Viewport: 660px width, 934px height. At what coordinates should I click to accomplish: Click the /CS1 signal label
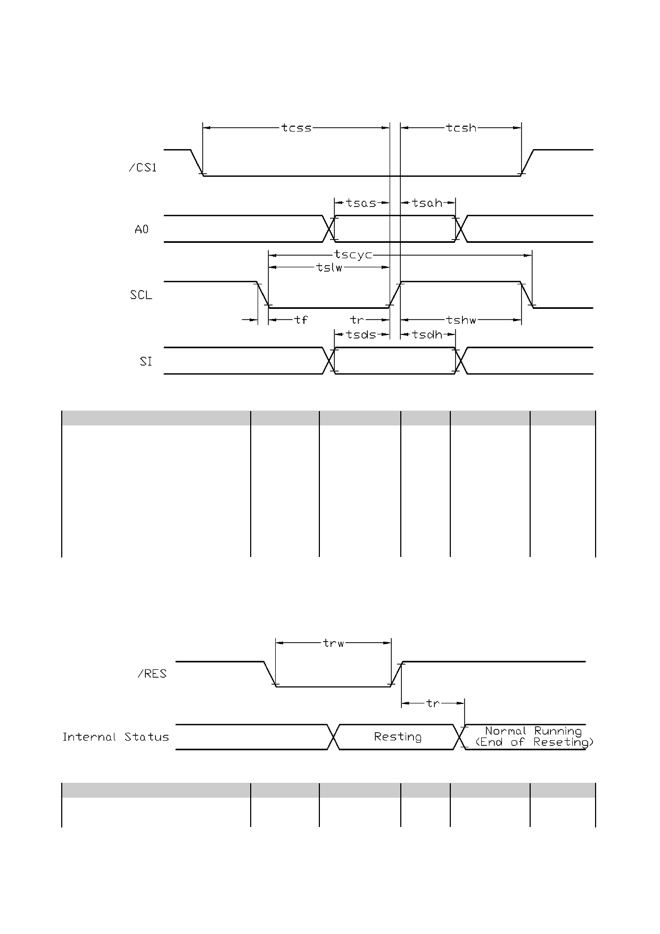pyautogui.click(x=143, y=168)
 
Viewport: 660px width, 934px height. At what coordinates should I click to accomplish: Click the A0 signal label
pyautogui.click(x=142, y=230)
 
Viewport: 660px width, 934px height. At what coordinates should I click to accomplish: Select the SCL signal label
pyautogui.click(x=141, y=295)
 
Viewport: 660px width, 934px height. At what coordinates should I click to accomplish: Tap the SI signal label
pyautogui.click(x=146, y=361)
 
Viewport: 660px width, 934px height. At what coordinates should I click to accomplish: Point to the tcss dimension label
pyautogui.click(x=296, y=128)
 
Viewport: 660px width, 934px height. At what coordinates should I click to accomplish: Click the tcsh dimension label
pyautogui.click(x=461, y=128)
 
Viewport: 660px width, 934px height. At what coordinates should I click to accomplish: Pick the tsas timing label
pyautogui.click(x=361, y=203)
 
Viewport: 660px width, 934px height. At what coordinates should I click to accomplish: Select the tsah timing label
pyautogui.click(x=427, y=203)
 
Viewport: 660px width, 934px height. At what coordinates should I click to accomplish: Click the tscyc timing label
pyautogui.click(x=353, y=255)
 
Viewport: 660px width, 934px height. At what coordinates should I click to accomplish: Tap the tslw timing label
pyautogui.click(x=329, y=267)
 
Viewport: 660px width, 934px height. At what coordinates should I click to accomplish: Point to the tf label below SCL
pyautogui.click(x=301, y=319)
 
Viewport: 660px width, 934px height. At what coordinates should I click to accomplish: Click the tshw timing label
pyautogui.click(x=461, y=320)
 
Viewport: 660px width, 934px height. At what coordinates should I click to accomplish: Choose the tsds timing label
pyautogui.click(x=361, y=334)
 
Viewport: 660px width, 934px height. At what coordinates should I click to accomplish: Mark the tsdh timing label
pyautogui.click(x=427, y=334)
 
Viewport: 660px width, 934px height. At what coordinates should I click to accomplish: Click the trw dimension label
pyautogui.click(x=334, y=643)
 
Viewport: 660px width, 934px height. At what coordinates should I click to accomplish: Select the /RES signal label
pyautogui.click(x=152, y=674)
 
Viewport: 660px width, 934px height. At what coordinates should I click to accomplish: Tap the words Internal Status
pyautogui.click(x=115, y=737)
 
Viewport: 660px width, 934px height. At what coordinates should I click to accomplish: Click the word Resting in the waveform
pyautogui.click(x=398, y=736)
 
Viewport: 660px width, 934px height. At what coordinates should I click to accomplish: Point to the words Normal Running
pyautogui.click(x=533, y=731)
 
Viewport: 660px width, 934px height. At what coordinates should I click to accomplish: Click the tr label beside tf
pyautogui.click(x=357, y=319)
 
